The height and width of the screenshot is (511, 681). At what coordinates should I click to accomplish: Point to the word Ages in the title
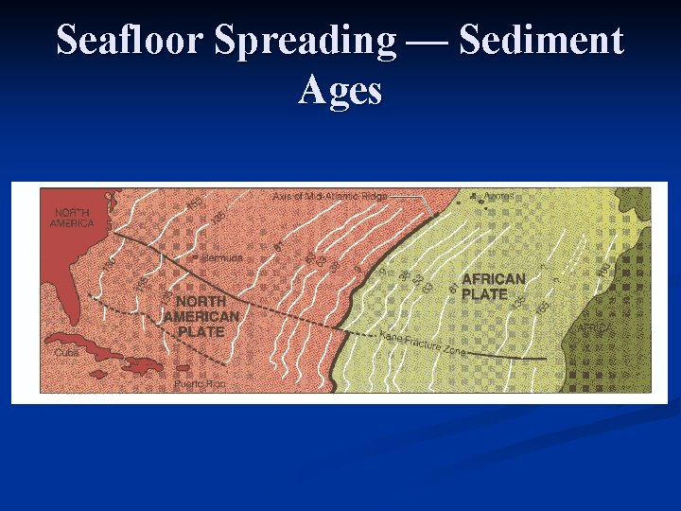(x=340, y=90)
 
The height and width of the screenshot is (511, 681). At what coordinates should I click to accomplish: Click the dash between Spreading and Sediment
(x=428, y=43)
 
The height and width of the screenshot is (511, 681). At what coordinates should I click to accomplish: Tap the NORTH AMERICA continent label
(x=74, y=218)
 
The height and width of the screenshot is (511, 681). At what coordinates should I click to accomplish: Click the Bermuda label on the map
(x=222, y=257)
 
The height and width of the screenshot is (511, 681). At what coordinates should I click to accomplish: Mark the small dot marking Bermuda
(x=196, y=257)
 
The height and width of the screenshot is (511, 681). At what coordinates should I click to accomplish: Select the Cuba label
(x=66, y=352)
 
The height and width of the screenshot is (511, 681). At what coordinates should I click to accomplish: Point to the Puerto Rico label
(x=199, y=384)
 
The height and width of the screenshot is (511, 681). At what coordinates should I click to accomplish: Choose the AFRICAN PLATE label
(x=493, y=286)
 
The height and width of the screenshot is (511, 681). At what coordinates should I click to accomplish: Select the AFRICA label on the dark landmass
(x=594, y=327)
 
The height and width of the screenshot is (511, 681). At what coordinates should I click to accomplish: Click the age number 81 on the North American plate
(x=280, y=247)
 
